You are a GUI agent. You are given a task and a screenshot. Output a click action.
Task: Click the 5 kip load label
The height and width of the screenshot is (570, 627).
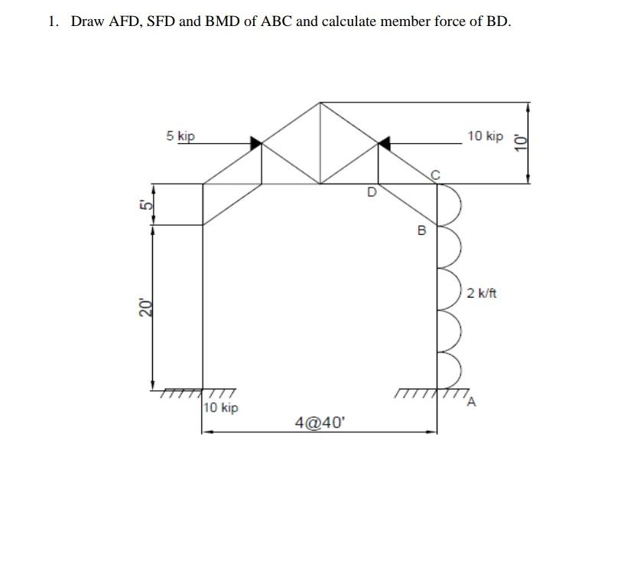click(x=180, y=136)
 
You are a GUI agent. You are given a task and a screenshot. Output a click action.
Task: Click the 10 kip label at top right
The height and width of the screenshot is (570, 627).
click(x=486, y=136)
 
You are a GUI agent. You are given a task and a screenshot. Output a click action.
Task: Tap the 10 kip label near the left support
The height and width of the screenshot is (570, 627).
click(x=221, y=408)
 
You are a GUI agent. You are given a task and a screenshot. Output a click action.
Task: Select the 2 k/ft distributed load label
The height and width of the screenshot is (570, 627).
click(x=482, y=292)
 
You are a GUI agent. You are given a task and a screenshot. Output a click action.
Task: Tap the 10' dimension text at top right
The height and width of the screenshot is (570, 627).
click(x=521, y=142)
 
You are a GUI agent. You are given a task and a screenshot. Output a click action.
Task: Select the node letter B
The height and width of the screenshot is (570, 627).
click(x=420, y=230)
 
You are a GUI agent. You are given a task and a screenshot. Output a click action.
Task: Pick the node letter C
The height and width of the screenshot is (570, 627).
click(x=435, y=175)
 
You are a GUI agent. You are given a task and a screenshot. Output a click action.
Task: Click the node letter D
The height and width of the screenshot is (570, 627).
click(x=372, y=193)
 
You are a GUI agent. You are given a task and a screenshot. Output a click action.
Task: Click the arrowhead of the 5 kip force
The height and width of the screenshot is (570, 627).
click(x=256, y=142)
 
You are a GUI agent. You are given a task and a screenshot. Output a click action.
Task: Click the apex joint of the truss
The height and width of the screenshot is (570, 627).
click(x=320, y=102)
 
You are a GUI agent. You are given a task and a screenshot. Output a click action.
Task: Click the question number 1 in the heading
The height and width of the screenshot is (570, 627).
click(x=52, y=21)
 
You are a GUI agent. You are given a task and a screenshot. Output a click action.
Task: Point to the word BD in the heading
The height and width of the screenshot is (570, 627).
click(x=497, y=21)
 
